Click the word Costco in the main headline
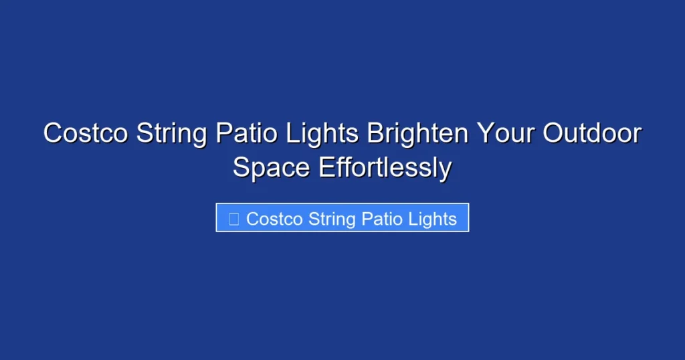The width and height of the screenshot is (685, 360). click(86, 134)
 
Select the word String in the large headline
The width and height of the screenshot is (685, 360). click(172, 134)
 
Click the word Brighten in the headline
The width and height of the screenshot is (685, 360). click(417, 134)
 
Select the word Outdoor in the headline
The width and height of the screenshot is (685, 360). click(591, 134)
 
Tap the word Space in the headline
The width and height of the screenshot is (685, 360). click(272, 167)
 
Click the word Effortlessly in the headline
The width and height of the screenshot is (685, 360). click(385, 167)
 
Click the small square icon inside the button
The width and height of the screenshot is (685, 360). click(234, 219)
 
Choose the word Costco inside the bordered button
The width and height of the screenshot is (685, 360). click(274, 219)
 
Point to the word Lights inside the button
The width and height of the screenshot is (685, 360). click(433, 219)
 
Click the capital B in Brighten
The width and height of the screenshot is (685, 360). click(375, 134)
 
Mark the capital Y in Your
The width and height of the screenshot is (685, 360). click(484, 134)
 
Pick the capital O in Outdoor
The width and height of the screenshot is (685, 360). click(553, 134)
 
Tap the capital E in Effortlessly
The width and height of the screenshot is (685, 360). click(326, 167)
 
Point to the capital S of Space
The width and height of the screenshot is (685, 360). click(241, 167)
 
